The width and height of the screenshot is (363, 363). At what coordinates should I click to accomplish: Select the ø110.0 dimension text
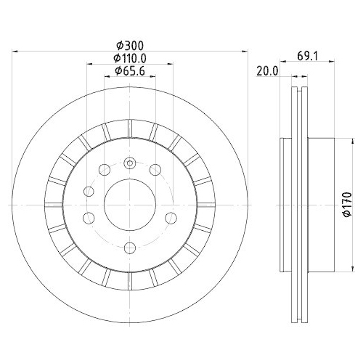131,58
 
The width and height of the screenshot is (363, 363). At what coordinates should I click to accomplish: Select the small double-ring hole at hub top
130,163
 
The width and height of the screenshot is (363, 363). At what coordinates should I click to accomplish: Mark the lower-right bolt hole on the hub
171,216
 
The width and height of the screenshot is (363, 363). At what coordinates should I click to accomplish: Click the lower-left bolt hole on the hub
89,216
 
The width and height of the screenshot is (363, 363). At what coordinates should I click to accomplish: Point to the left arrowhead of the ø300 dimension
16,51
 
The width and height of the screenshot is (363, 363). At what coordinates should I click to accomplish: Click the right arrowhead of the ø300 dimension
246,51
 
